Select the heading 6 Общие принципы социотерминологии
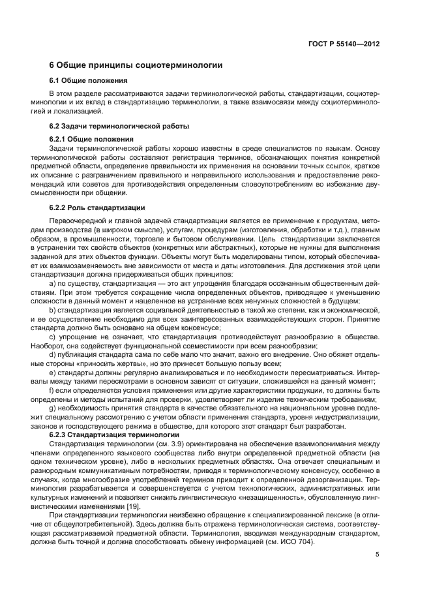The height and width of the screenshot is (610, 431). point(136,65)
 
